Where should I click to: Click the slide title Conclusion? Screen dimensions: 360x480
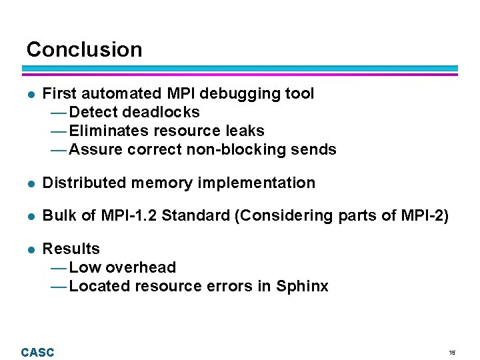point(84,49)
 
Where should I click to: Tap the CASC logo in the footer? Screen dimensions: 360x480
point(37,352)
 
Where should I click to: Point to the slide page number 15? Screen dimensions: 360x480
point(452,353)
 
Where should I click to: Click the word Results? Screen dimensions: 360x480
point(71,249)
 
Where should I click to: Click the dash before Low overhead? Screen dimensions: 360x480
point(59,267)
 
